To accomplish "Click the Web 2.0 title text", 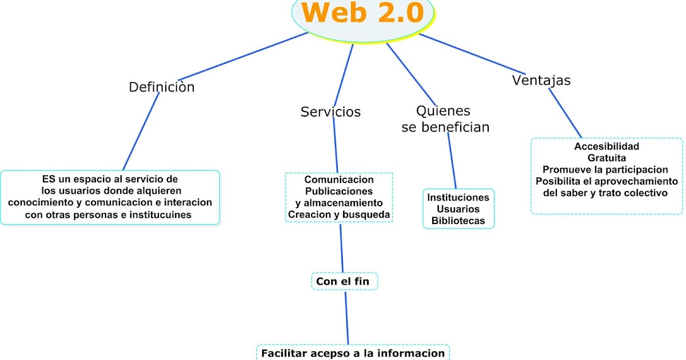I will (x=362, y=13).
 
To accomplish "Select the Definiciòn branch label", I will (x=162, y=87).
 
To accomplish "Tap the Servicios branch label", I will (x=330, y=112).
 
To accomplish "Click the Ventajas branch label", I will (x=541, y=81).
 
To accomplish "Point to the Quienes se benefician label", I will (x=445, y=119).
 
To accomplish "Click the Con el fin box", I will (x=343, y=281).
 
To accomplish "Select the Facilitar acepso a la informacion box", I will (x=353, y=353).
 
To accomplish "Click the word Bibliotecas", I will (x=458, y=220).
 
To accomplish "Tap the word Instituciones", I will (x=458, y=197).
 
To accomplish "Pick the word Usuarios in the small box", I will (x=458, y=209).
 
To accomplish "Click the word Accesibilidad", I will (x=607, y=146).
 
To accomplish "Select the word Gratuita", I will (x=607, y=158).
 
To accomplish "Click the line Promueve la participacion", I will (x=605, y=170).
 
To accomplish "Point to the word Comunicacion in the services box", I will (x=339, y=179).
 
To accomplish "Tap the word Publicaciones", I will (x=339, y=191).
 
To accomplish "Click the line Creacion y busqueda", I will (x=339, y=214).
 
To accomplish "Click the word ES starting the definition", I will (x=49, y=179).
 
